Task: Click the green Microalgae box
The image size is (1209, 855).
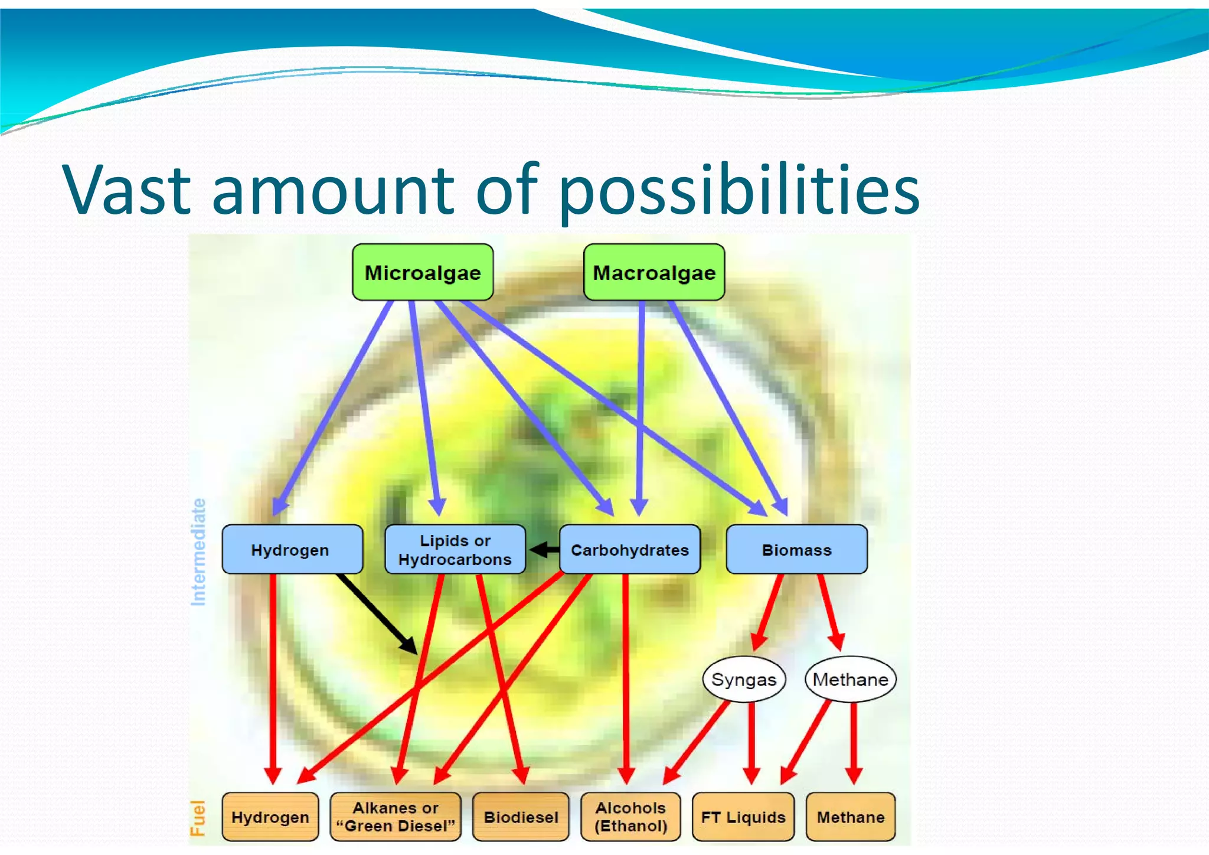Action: pyautogui.click(x=423, y=272)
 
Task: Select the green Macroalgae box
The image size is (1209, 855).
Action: pyautogui.click(x=654, y=272)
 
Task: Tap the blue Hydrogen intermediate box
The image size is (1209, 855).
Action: pyautogui.click(x=292, y=550)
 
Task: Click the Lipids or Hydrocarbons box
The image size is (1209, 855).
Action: pyautogui.click(x=455, y=550)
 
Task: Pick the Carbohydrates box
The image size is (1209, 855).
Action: pyautogui.click(x=630, y=550)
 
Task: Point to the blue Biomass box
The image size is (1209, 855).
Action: pyautogui.click(x=796, y=550)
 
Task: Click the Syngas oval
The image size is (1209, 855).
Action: pyautogui.click(x=744, y=680)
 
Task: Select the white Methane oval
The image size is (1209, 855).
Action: pyautogui.click(x=850, y=680)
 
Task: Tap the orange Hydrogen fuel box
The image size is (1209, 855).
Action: pyautogui.click(x=270, y=817)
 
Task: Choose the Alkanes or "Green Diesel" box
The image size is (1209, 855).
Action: pyautogui.click(x=396, y=817)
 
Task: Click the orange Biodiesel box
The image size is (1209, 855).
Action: pyautogui.click(x=521, y=817)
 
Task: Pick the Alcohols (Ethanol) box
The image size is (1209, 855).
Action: pyautogui.click(x=630, y=817)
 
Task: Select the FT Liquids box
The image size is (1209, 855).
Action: pyautogui.click(x=743, y=817)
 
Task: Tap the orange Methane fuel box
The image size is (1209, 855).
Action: pyautogui.click(x=851, y=817)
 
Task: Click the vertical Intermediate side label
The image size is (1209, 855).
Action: pyautogui.click(x=199, y=552)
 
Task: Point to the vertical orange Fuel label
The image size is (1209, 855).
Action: pyautogui.click(x=198, y=818)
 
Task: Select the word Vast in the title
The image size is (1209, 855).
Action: pyautogui.click(x=127, y=190)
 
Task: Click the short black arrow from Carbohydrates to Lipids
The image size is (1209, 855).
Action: pyautogui.click(x=544, y=550)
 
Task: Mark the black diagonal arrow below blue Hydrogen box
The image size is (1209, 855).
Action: pyautogui.click(x=378, y=614)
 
